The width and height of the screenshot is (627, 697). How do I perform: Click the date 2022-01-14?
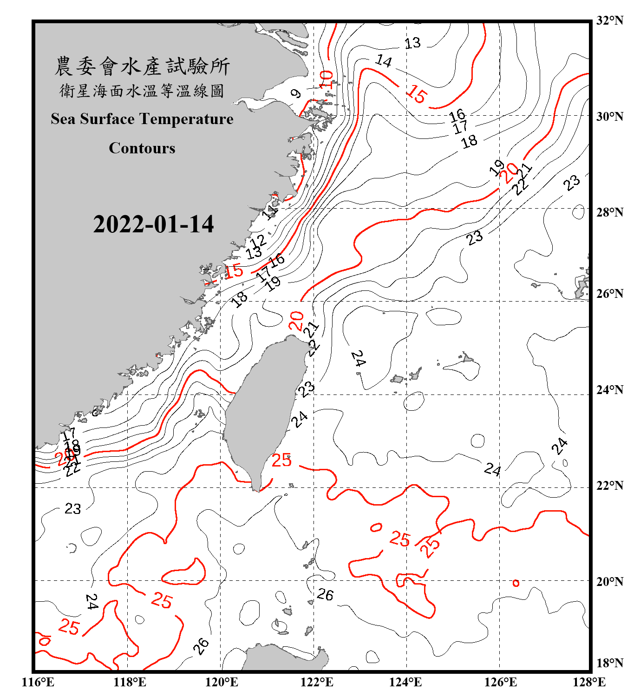coord(153,224)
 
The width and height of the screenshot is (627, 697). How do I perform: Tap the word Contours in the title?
coord(142,148)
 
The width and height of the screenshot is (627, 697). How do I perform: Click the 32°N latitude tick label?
coord(609,20)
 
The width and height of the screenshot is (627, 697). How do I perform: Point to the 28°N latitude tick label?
coord(609,212)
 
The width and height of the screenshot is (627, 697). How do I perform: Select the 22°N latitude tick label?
coord(609,486)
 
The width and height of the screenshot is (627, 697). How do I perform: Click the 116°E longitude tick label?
coord(38,682)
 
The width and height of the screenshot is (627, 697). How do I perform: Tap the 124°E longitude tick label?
coord(405,682)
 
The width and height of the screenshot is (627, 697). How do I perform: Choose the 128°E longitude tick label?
coord(589,682)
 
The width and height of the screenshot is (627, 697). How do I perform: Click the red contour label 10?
coord(327,79)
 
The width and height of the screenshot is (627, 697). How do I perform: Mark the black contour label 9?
coord(296,93)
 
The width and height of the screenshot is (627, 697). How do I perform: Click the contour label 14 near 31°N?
coord(384,60)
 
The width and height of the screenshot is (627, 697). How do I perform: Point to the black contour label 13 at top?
coord(412,43)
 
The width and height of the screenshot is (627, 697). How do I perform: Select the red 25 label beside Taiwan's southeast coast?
coord(281,460)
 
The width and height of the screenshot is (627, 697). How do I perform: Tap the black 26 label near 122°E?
coord(325,594)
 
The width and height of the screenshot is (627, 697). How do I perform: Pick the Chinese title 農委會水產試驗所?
coord(142,66)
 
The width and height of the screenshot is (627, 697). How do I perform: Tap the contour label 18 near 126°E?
coord(470,141)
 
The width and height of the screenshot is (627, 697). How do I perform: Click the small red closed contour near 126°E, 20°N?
coord(516,583)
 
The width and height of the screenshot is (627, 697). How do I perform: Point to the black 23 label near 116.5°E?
coord(73,509)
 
